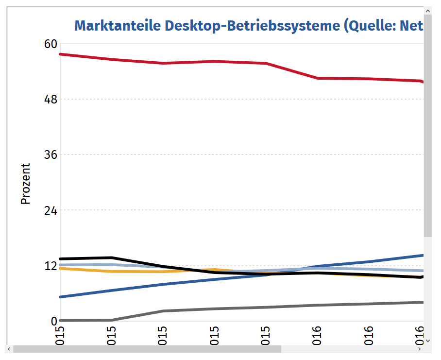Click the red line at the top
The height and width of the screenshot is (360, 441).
(x=214, y=62)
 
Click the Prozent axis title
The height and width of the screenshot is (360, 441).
(x=26, y=184)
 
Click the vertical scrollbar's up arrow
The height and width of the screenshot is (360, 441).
(x=428, y=11)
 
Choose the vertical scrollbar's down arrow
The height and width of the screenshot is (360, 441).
(x=428, y=341)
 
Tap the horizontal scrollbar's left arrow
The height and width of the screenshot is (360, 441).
(x=8, y=349)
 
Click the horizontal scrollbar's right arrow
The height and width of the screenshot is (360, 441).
(x=420, y=349)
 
